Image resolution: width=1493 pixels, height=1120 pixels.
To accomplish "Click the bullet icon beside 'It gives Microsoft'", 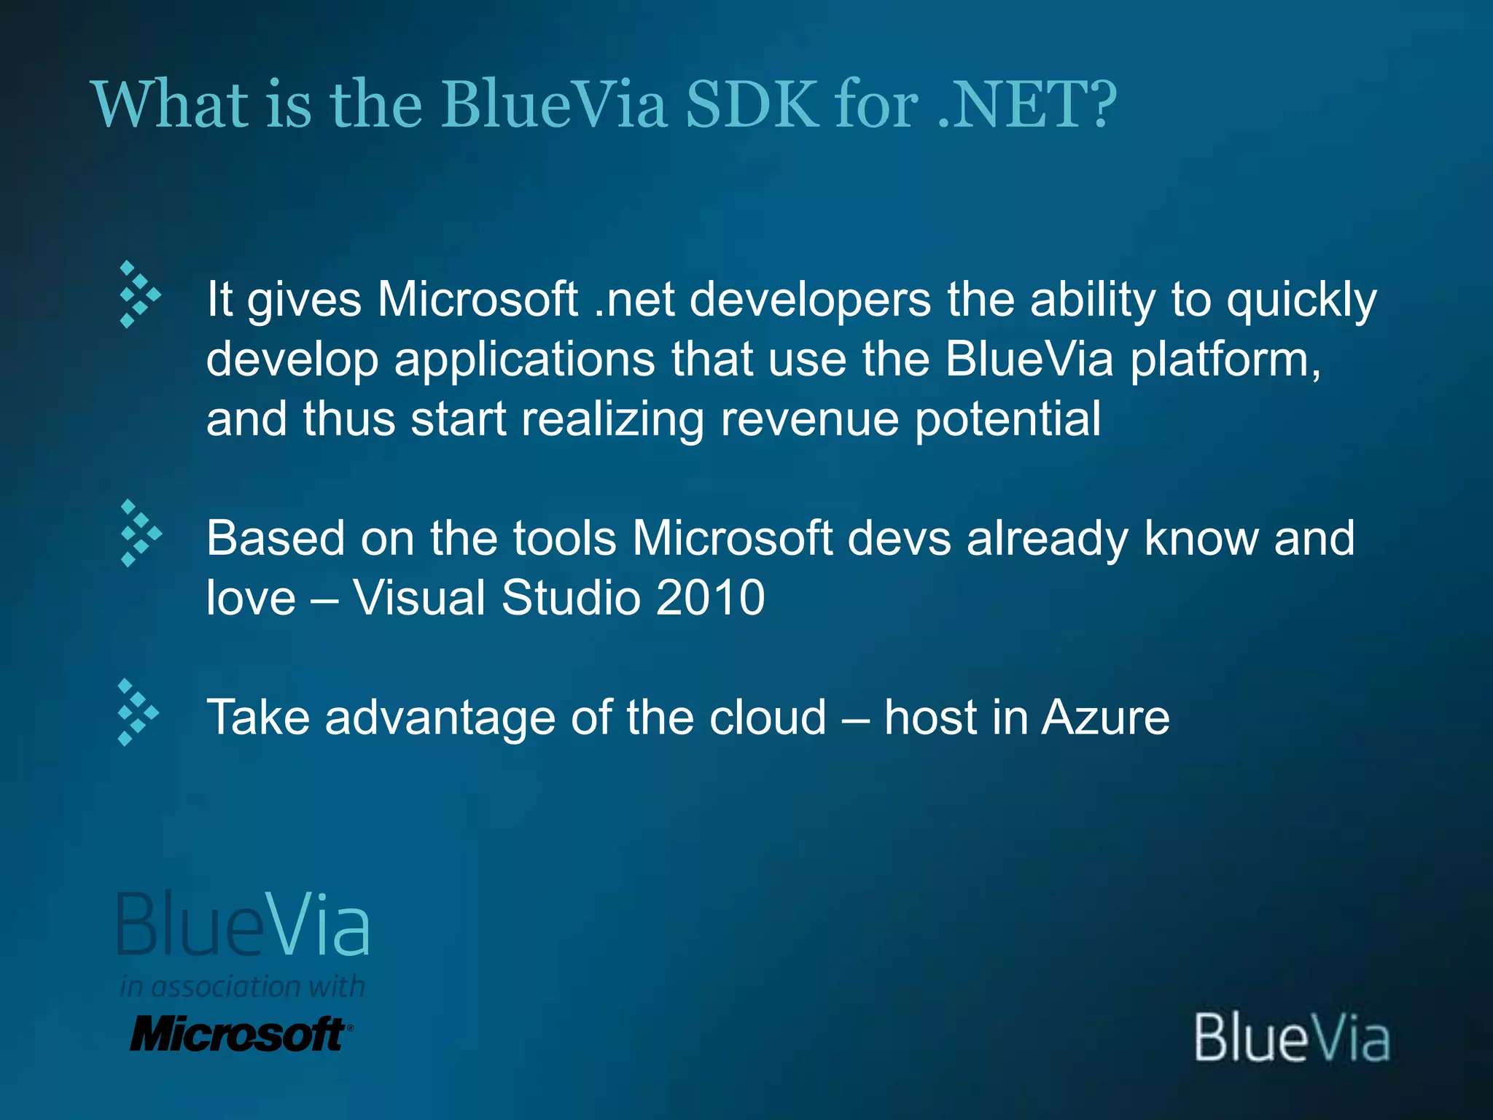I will (139, 294).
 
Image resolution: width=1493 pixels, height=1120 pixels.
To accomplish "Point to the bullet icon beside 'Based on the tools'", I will (140, 533).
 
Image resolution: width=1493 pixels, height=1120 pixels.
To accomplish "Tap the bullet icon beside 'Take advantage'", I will (138, 712).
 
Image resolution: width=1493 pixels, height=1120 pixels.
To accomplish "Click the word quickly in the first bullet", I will (1301, 300).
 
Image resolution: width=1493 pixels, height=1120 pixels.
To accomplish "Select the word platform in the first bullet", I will (1225, 359).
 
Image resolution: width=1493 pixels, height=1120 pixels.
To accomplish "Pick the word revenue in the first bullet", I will (809, 419).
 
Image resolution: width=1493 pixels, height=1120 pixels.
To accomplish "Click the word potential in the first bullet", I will (1007, 421).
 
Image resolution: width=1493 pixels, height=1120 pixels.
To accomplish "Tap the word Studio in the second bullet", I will (569, 598).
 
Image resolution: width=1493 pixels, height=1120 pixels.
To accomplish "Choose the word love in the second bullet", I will (251, 598).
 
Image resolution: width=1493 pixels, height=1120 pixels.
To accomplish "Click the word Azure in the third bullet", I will (1105, 718).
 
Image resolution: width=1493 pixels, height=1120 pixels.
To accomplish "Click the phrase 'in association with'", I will (242, 987).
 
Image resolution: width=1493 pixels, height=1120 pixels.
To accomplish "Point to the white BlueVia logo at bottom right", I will (1291, 1037).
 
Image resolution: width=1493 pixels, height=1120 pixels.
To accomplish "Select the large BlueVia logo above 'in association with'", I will (243, 924).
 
